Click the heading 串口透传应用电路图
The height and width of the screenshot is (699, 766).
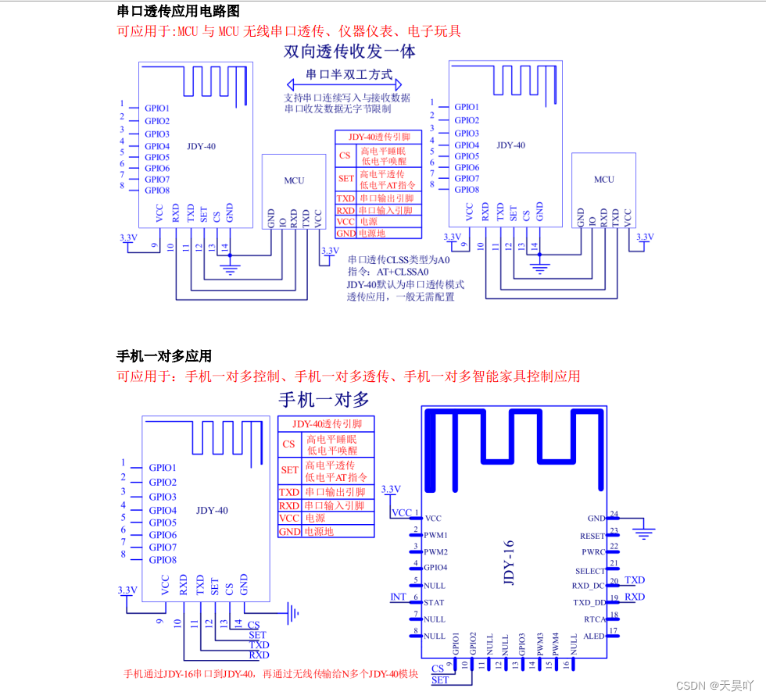pyautogui.click(x=177, y=11)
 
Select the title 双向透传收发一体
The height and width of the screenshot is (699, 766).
pyautogui.click(x=349, y=52)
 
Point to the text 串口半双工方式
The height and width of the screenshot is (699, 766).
pyautogui.click(x=349, y=75)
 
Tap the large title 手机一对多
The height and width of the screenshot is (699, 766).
pyautogui.click(x=324, y=400)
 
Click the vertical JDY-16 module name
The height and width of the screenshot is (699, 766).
pyautogui.click(x=509, y=562)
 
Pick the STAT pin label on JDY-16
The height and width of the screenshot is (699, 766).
pyautogui.click(x=434, y=602)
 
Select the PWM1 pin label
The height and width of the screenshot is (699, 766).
pyautogui.click(x=436, y=535)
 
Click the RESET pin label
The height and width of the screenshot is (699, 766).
pyautogui.click(x=592, y=536)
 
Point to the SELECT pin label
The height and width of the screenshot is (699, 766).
pyautogui.click(x=590, y=571)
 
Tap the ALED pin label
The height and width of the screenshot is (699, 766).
pyautogui.click(x=594, y=637)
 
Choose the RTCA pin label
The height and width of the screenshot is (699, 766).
pyautogui.click(x=594, y=619)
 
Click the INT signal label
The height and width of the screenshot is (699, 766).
pyautogui.click(x=398, y=597)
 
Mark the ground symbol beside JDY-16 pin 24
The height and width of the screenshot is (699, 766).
pyautogui.click(x=644, y=533)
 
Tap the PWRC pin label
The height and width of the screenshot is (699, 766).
pyautogui.click(x=593, y=552)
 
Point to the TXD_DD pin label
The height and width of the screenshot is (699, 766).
pyautogui.click(x=589, y=602)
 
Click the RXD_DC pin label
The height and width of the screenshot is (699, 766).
pyautogui.click(x=589, y=586)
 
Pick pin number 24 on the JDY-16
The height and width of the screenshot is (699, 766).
pyautogui.click(x=614, y=514)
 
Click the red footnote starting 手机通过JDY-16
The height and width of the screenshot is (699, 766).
pyautogui.click(x=271, y=673)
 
